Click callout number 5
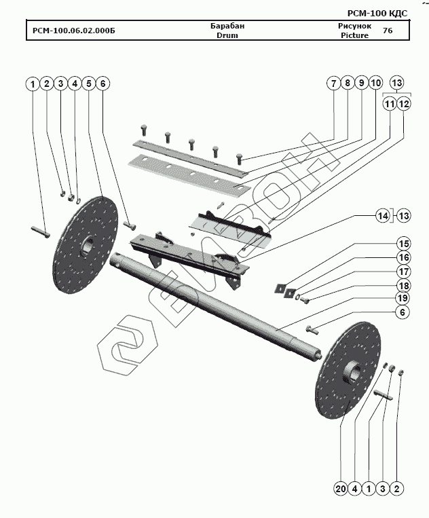coord(88,84)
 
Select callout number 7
coord(333,84)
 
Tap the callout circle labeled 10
coord(376,84)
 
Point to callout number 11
coord(389,104)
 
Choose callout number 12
coord(404,104)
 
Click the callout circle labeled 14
coord(384,216)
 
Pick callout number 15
coord(404,244)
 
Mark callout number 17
coord(404,271)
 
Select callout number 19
coord(404,298)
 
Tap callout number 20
coord(339,488)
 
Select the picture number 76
coord(387,31)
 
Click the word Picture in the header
coord(354,35)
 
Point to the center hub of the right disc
coord(354,372)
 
